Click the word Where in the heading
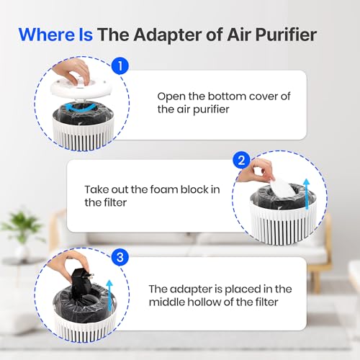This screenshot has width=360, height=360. point(47,35)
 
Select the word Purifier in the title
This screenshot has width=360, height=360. point(286,35)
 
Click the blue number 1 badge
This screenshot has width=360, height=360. point(120,66)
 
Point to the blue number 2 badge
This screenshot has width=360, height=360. point(241,160)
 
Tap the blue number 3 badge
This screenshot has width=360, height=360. point(120,258)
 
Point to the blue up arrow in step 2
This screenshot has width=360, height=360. point(307,194)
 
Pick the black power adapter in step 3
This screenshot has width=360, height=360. point(81,281)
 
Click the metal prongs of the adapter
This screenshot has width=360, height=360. point(90,275)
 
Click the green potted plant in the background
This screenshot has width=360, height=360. point(22,230)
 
